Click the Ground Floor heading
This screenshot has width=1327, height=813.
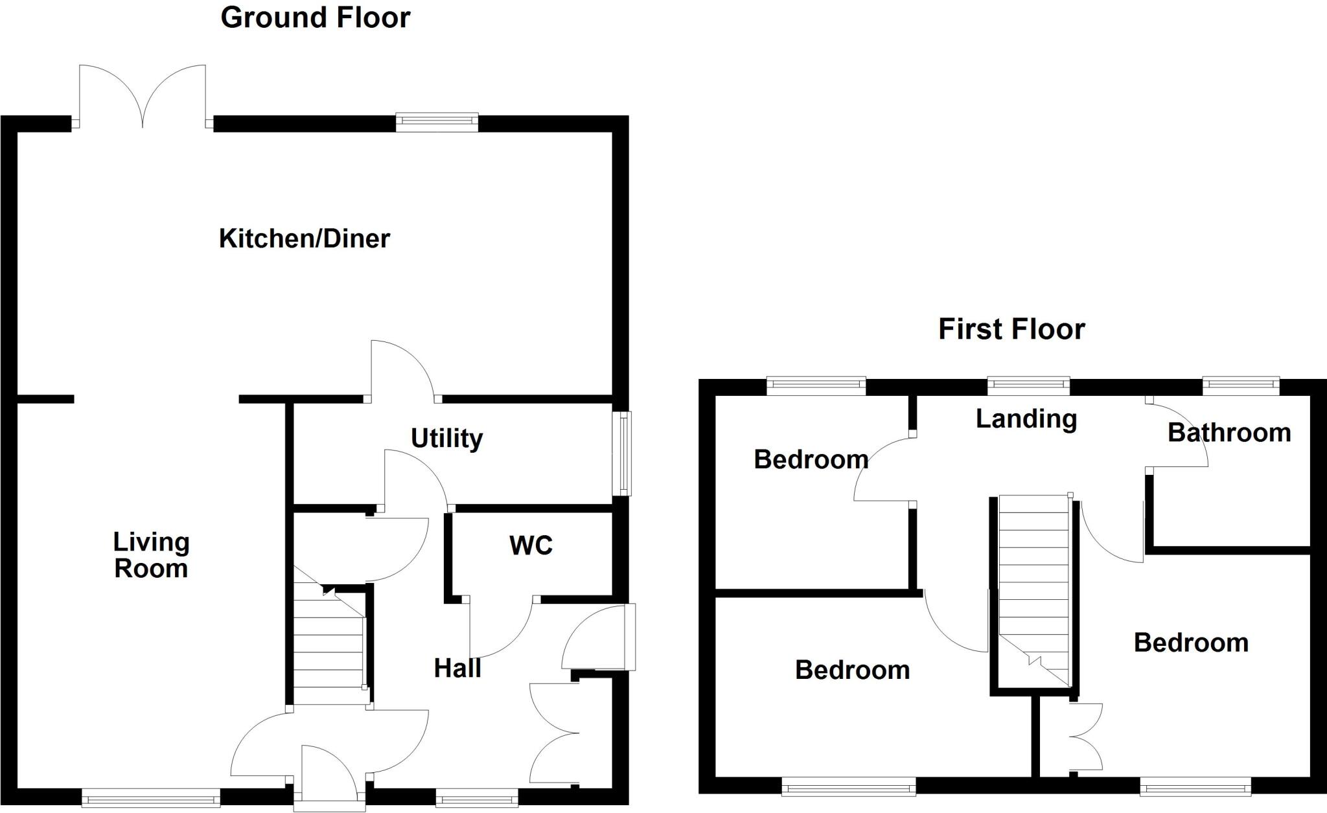point(315,17)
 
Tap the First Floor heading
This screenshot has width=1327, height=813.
point(1011,329)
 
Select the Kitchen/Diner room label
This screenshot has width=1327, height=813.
point(304,238)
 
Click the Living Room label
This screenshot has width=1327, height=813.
point(151,555)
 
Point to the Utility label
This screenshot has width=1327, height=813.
point(446,439)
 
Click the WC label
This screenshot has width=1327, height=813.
point(531,545)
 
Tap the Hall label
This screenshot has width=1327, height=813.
point(457,668)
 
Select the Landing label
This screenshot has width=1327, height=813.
point(1026,418)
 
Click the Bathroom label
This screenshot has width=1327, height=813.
point(1229,432)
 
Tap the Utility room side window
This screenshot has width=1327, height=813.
point(622,453)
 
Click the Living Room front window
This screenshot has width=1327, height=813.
point(151,797)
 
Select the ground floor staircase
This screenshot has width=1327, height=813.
point(329,648)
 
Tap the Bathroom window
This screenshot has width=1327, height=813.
point(1241,387)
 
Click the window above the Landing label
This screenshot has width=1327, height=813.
point(1028,387)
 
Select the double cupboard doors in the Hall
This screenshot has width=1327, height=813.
point(554,732)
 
